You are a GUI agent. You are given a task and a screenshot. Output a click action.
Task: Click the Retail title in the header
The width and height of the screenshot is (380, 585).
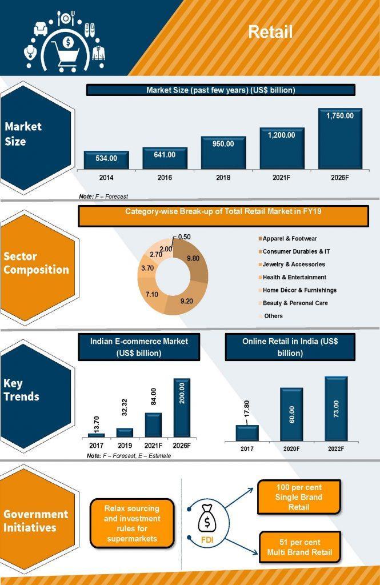(270, 33)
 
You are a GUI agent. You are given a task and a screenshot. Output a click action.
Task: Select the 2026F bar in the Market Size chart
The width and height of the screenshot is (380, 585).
(340, 139)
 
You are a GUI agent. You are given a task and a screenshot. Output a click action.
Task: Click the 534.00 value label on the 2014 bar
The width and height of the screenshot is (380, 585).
(106, 158)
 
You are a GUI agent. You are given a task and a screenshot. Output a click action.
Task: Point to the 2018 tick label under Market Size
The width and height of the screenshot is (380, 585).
(223, 178)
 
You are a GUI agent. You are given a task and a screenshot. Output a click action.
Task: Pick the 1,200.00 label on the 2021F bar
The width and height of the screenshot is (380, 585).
(282, 135)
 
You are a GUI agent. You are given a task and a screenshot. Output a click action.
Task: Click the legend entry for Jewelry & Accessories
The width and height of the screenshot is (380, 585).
(294, 265)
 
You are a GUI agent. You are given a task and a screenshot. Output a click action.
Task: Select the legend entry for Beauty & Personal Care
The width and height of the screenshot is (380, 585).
(295, 303)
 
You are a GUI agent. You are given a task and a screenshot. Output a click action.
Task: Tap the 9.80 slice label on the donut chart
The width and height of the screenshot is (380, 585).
(194, 258)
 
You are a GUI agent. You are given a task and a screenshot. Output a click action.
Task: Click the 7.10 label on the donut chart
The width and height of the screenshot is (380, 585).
(151, 294)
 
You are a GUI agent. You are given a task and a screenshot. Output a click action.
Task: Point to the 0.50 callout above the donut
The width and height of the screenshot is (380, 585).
(184, 237)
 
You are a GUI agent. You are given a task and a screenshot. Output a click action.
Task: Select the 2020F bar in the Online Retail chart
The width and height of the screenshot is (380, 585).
(291, 415)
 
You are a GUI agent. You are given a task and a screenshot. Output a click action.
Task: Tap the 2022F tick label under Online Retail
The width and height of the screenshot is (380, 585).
(336, 449)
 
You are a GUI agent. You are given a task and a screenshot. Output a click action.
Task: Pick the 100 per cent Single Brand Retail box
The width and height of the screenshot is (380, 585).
(299, 497)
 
